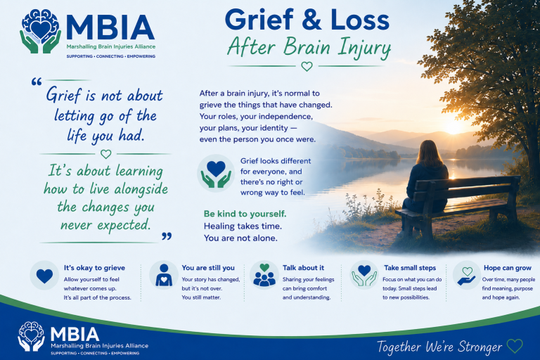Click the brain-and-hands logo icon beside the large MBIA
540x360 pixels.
pyautogui.click(x=40, y=31)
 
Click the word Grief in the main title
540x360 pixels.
pyautogui.click(x=259, y=20)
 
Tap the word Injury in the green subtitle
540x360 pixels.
pyautogui.click(x=364, y=49)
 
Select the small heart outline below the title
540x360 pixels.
pyautogui.click(x=307, y=66)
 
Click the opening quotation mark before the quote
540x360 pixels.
pyautogui.click(x=37, y=82)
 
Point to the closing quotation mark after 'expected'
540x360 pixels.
pyautogui.click(x=167, y=236)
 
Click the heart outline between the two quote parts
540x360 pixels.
pyautogui.click(x=105, y=154)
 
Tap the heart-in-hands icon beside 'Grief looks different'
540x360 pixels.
pyautogui.click(x=216, y=173)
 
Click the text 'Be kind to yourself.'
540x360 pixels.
pyautogui.click(x=245, y=214)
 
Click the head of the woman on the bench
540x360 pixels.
pyautogui.click(x=428, y=152)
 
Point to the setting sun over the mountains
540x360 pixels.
pyautogui.click(x=454, y=126)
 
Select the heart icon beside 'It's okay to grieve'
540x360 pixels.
pyautogui.click(x=44, y=276)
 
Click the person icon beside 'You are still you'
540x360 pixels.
pyautogui.click(x=164, y=275)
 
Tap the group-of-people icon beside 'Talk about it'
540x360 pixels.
pyautogui.click(x=264, y=275)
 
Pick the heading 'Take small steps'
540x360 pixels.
pyautogui.click(x=410, y=268)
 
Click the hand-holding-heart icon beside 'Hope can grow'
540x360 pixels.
pyautogui.click(x=467, y=276)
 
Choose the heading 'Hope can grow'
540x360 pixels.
pyautogui.click(x=507, y=268)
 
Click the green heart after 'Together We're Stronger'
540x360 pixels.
pyautogui.click(x=515, y=346)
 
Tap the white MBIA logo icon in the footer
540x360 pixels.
pyautogui.click(x=32, y=336)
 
